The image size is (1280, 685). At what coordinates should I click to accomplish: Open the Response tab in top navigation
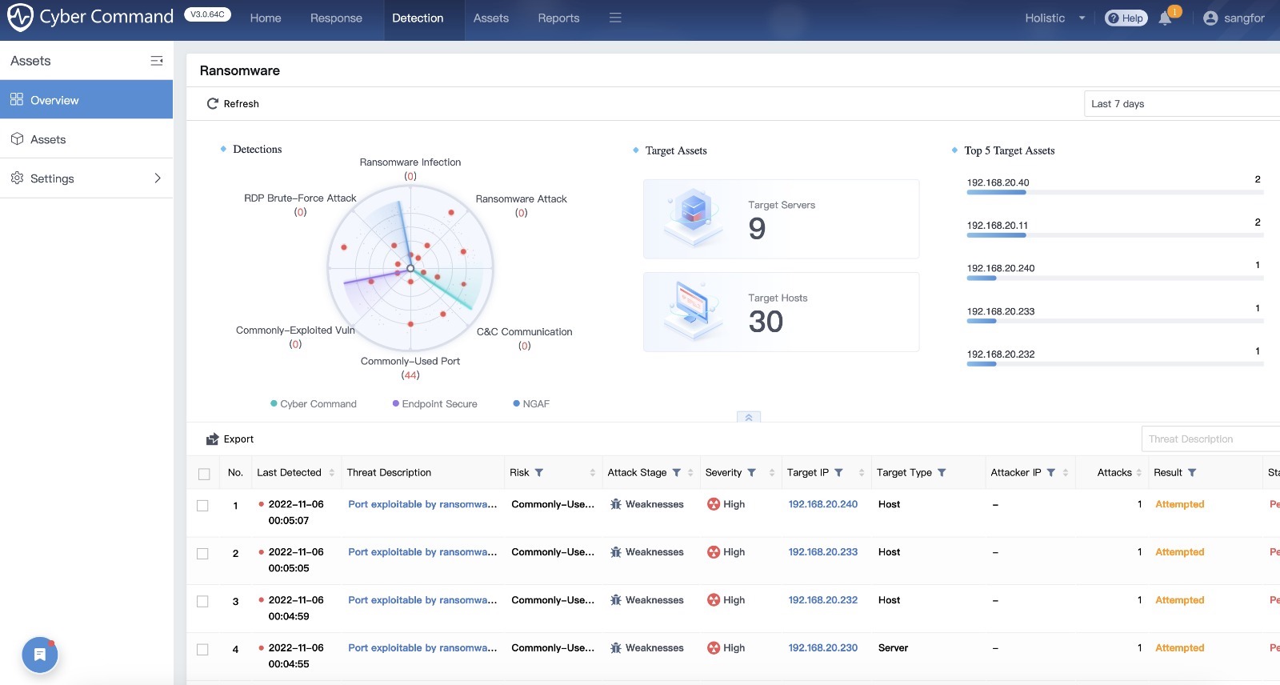click(x=336, y=18)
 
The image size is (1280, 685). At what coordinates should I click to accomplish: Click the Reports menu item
click(x=558, y=18)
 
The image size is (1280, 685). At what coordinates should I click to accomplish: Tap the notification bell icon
click(x=1165, y=18)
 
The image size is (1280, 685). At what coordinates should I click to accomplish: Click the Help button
click(x=1126, y=18)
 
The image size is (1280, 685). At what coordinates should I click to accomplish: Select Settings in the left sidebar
click(x=86, y=178)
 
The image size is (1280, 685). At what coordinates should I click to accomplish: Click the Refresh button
click(x=233, y=103)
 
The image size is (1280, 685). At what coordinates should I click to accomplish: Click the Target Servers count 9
click(x=757, y=229)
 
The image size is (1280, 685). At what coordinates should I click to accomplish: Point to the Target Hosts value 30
click(x=766, y=322)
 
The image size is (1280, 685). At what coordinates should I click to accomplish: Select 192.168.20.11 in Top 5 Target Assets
click(x=997, y=226)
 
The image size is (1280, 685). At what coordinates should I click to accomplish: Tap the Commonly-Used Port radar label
click(x=410, y=361)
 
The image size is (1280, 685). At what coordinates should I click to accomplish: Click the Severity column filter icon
click(x=751, y=473)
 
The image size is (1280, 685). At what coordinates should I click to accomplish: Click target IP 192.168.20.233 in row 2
click(x=822, y=552)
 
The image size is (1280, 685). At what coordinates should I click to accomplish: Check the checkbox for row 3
click(x=202, y=602)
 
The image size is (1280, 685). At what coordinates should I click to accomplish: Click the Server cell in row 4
click(x=893, y=648)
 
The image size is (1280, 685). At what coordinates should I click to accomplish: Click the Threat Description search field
click(x=1208, y=439)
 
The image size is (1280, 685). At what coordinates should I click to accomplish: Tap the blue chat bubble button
click(x=39, y=655)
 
